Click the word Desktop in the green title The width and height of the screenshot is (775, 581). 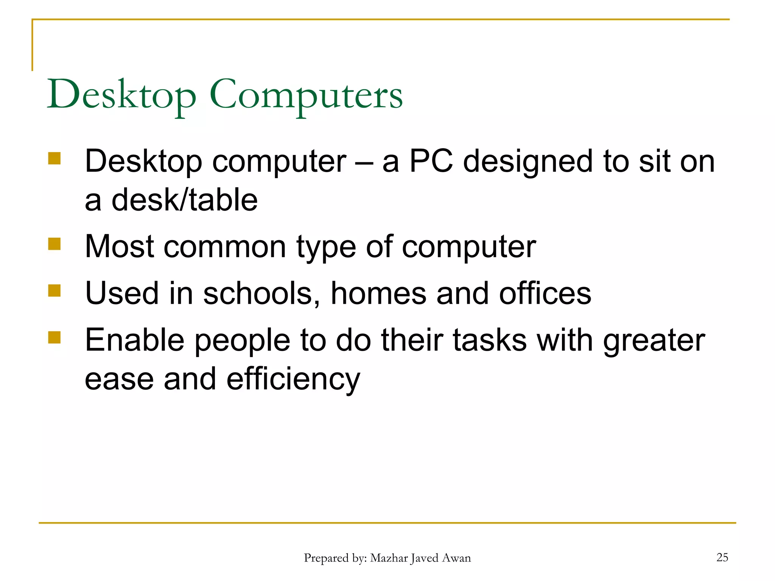(121, 95)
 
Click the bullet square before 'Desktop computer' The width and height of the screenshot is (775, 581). (54, 158)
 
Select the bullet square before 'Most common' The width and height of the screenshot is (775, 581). (54, 244)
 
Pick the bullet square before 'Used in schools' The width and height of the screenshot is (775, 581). (54, 291)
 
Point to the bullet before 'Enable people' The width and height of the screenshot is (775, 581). (54, 337)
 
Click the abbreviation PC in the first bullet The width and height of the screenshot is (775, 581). (431, 162)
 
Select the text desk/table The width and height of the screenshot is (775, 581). (184, 200)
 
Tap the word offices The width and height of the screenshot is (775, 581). (545, 294)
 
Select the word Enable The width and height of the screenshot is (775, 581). (135, 340)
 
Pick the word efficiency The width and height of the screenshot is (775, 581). (293, 380)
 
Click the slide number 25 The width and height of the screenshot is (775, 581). (722, 557)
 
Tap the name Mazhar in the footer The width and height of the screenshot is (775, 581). (389, 558)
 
